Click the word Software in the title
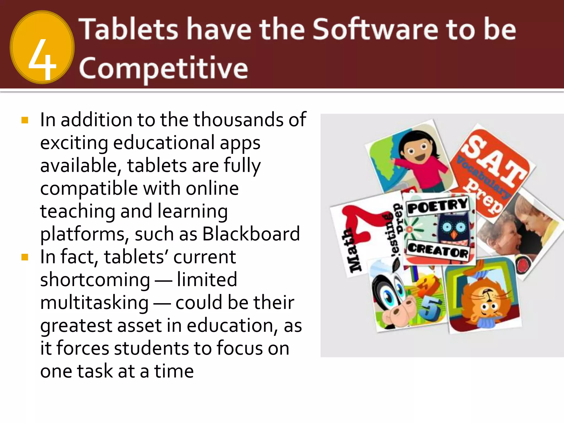point(375,29)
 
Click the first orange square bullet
point(25,120)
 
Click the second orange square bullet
point(25,257)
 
